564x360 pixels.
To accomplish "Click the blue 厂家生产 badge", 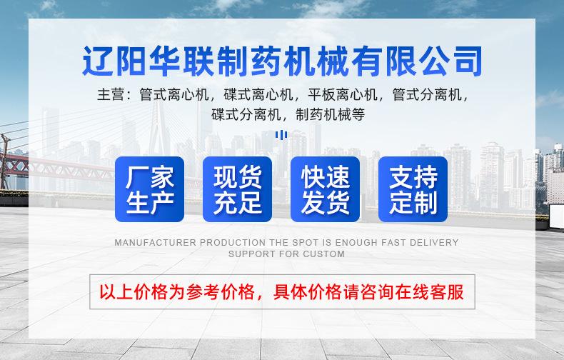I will pos(149,189).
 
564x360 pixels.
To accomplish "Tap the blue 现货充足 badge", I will pos(237,189).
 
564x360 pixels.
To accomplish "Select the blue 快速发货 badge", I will pos(325,189).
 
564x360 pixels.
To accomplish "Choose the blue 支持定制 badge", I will pos(413,189).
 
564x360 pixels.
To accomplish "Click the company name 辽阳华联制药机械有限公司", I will pos(282,61).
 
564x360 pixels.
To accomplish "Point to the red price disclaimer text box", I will pos(281,292).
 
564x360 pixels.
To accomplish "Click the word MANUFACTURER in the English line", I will pos(155,243).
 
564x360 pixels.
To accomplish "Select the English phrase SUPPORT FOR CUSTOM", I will pos(286,254).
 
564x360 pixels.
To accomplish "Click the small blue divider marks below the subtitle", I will pos(282,134).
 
